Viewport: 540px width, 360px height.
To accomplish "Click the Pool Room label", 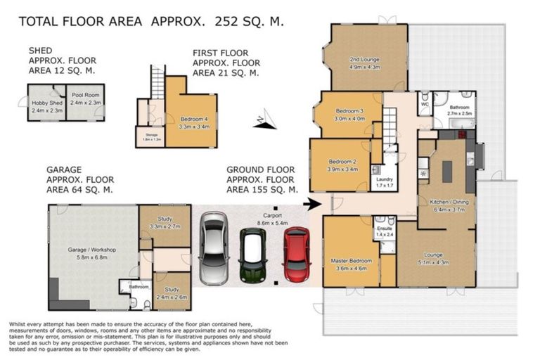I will tap(85, 103).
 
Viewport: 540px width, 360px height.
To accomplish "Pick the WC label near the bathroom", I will tap(425, 105).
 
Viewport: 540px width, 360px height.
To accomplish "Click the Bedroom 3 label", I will tap(349, 111).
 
